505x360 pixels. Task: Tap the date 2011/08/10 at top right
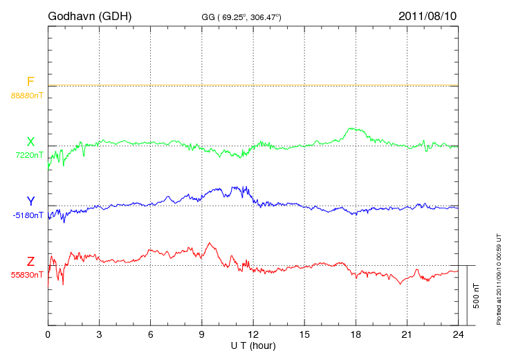coord(428,15)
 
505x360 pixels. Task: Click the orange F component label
coord(30,82)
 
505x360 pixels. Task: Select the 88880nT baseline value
coord(26,95)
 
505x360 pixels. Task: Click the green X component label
coord(30,142)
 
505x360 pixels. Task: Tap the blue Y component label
coord(30,201)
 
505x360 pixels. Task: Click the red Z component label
coord(30,261)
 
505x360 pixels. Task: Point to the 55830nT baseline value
coord(27,275)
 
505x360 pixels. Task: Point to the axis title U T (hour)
coord(253,345)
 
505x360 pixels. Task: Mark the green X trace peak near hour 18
coord(353,128)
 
